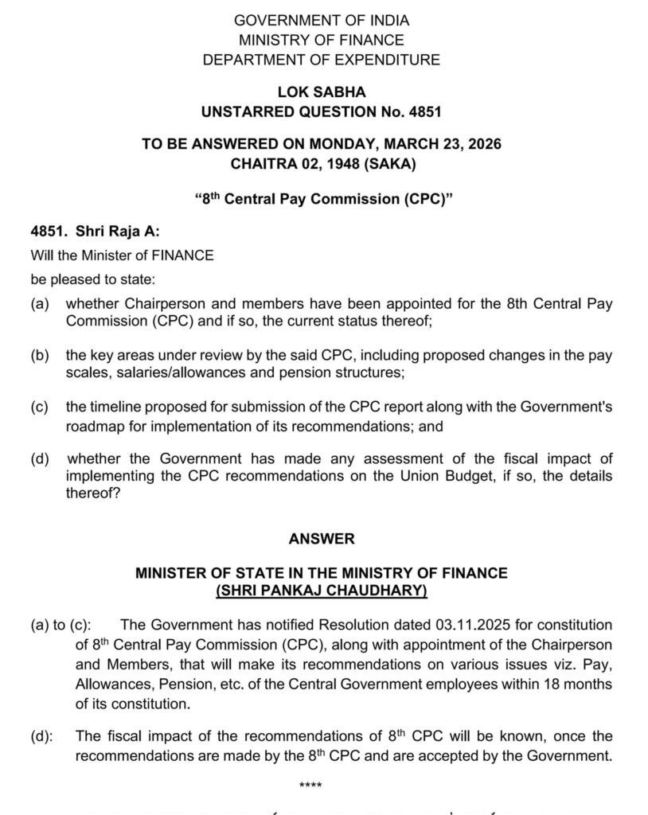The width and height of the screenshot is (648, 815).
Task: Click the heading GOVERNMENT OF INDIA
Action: tap(322, 21)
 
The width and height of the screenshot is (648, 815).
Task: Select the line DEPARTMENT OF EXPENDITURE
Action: tap(322, 60)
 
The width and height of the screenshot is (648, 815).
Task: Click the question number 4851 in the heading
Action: tap(422, 112)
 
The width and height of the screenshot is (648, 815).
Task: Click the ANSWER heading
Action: tap(322, 539)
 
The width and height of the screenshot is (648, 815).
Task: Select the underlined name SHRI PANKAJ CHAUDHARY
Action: tap(322, 591)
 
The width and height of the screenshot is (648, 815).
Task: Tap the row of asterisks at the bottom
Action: tap(310, 787)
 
